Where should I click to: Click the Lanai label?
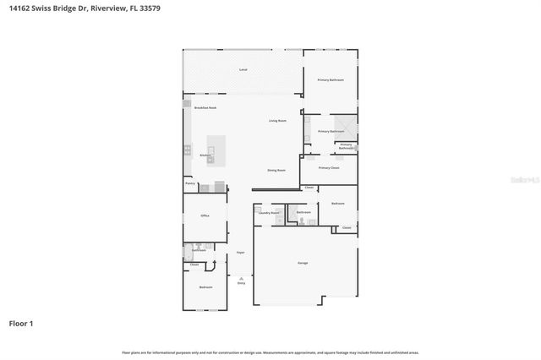coord(243,68)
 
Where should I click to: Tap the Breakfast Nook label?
coord(205,107)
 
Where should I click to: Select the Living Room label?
coord(279,121)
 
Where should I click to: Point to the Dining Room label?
coord(276,170)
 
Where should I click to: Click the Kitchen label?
coord(205,155)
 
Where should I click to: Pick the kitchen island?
coord(211,150)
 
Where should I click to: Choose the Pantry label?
coord(190,183)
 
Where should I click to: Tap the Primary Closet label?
coord(329,167)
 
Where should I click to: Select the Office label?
coord(205,215)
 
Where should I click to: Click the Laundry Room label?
coord(269,212)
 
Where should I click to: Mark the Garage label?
coord(303,263)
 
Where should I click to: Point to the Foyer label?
coord(241,252)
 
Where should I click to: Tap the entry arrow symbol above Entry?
coord(241,275)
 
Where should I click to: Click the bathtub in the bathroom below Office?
coord(188,250)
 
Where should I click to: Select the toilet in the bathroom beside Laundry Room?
coord(302,221)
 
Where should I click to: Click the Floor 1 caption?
coord(21,323)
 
